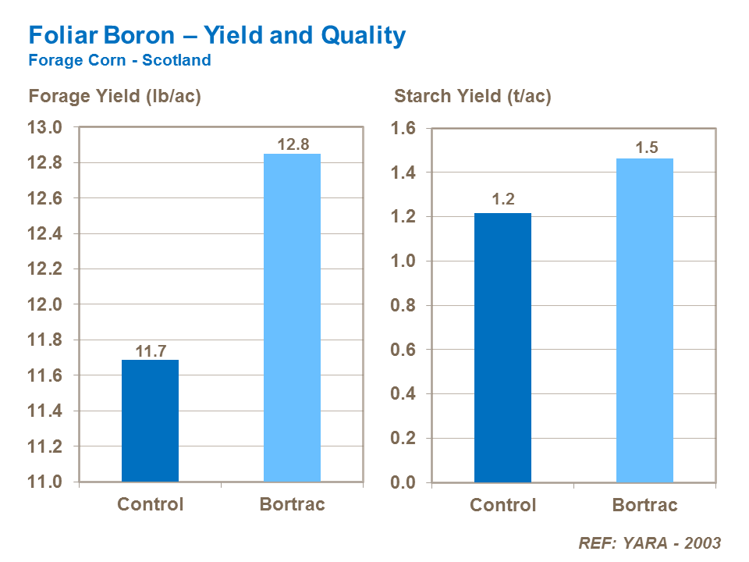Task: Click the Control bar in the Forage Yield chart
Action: (x=150, y=421)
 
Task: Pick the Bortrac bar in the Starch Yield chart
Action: (x=644, y=320)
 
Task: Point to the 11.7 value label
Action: (x=151, y=350)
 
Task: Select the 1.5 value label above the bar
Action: (x=645, y=148)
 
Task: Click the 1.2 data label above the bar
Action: (x=502, y=201)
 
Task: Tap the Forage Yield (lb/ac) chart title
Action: (x=115, y=97)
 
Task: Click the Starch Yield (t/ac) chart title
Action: (x=473, y=97)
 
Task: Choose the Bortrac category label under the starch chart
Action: (x=644, y=505)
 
